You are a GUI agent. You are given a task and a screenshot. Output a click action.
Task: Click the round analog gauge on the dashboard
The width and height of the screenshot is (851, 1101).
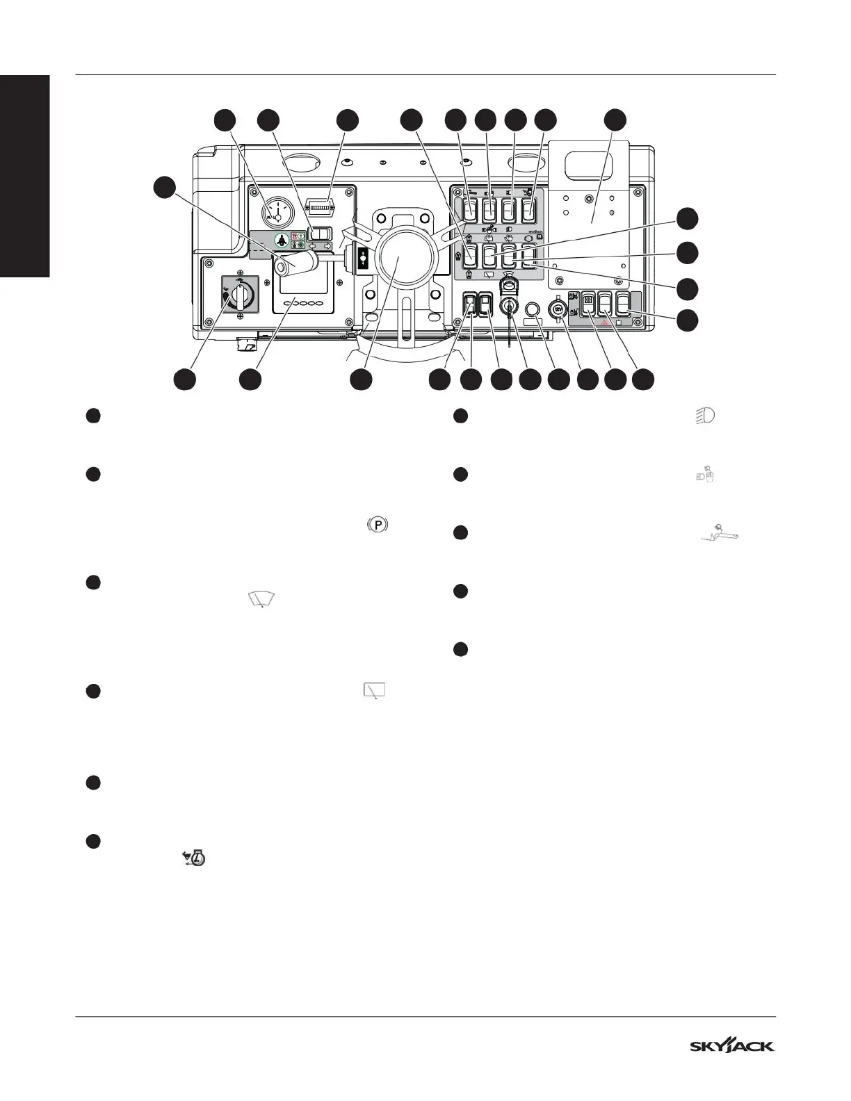[x=277, y=209]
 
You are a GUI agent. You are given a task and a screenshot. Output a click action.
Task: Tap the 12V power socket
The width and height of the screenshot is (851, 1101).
[x=558, y=309]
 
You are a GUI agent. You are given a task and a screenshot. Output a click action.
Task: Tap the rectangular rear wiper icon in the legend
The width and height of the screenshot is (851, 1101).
[x=374, y=690]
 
